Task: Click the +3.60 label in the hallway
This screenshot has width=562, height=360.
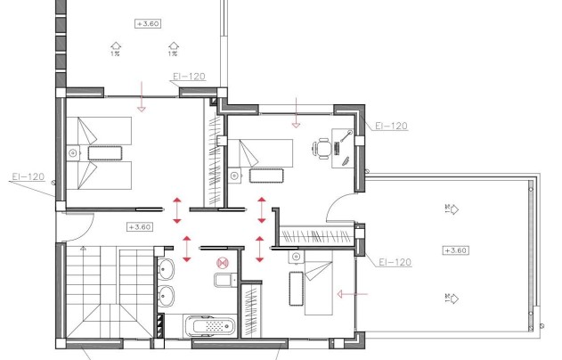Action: [141, 226]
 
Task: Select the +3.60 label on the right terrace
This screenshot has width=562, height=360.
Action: [455, 250]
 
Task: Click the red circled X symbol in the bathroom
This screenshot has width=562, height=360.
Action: [223, 263]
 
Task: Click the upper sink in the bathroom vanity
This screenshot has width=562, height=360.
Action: [167, 268]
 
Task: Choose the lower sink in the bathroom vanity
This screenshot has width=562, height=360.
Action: [167, 295]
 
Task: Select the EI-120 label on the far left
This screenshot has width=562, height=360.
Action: [29, 176]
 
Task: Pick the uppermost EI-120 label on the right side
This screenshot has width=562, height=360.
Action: [391, 127]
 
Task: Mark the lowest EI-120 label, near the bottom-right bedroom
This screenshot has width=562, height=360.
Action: [394, 262]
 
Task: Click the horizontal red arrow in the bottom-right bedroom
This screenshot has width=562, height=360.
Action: [348, 291]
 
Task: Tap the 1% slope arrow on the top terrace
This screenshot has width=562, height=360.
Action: [115, 47]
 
